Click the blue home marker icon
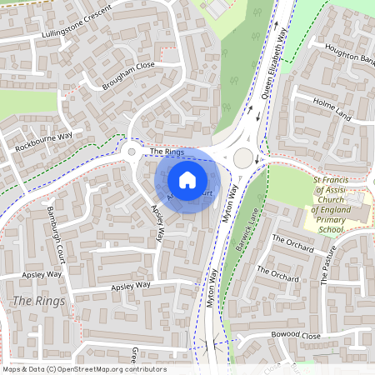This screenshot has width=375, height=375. tap(187, 178)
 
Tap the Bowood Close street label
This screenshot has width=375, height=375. tap(296, 335)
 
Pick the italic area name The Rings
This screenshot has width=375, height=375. tap(34, 299)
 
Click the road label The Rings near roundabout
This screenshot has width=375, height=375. tap(167, 152)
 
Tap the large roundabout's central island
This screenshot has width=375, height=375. tap(242, 157)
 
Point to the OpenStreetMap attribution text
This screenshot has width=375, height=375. tap(83, 369)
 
